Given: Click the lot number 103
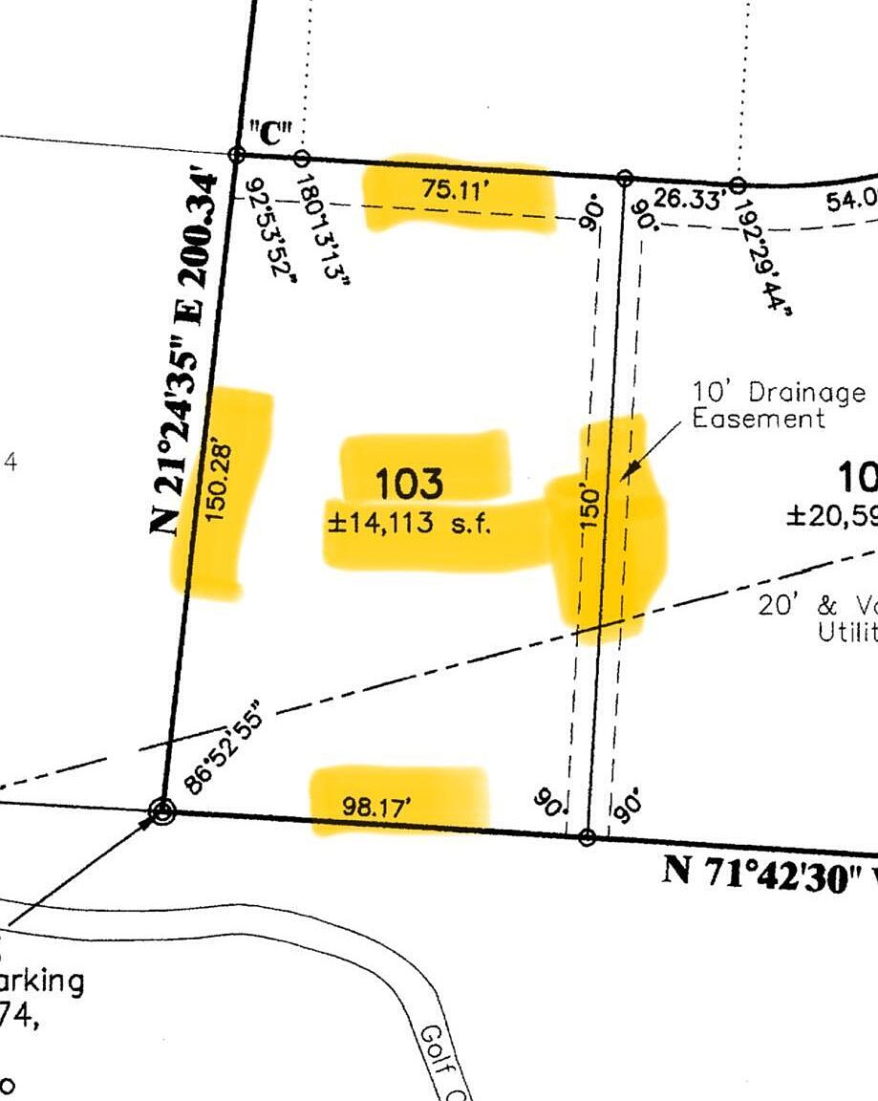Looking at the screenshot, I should pos(409,484).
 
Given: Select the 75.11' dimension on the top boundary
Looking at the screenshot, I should pos(456,189).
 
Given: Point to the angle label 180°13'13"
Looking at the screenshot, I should pos(320,230).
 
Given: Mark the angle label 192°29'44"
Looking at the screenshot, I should pos(762,249).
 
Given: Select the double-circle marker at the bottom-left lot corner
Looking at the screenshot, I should pos(162,812).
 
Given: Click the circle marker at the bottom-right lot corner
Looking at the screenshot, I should pos(588,837).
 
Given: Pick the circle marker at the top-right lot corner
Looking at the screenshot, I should pos(624,178).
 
